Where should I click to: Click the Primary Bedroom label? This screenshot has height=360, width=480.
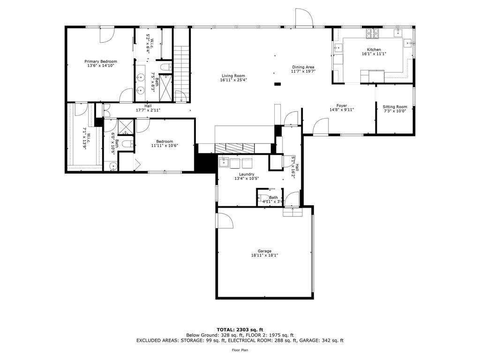coord(101,61)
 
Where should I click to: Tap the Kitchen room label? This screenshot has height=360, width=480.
coord(374,50)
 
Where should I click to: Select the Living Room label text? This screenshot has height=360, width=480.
coord(233,76)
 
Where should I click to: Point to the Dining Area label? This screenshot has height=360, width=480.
coord(303,67)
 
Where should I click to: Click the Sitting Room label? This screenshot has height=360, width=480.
coord(395,107)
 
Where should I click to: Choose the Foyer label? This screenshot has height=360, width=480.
coord(341,105)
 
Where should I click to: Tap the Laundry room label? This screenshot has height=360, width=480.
coord(247,174)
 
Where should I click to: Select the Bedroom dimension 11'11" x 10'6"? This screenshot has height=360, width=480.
coord(165,146)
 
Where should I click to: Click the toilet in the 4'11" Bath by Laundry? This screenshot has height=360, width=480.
coord(263,198)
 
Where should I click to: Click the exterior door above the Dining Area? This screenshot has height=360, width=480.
coord(304,18)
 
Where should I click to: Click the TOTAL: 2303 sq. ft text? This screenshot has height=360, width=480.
coord(240,330)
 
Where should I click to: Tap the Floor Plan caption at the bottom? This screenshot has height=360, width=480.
coord(240,350)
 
